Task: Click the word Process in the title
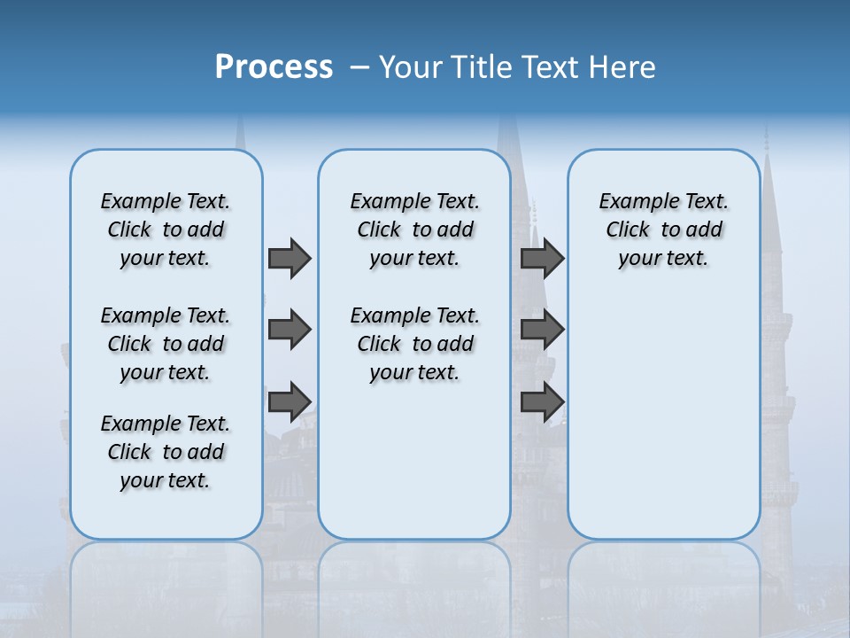(274, 66)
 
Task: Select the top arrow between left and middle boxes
(289, 258)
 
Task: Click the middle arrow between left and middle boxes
(289, 330)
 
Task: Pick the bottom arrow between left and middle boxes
(289, 401)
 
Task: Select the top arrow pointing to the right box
(542, 258)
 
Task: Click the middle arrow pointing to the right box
(542, 330)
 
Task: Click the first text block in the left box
(166, 230)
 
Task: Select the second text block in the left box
(166, 344)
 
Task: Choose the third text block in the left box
(166, 452)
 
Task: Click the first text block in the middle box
(414, 230)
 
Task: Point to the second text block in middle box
(414, 344)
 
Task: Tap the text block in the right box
(664, 230)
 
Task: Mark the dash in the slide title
(359, 67)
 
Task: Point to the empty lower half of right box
(664, 425)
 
